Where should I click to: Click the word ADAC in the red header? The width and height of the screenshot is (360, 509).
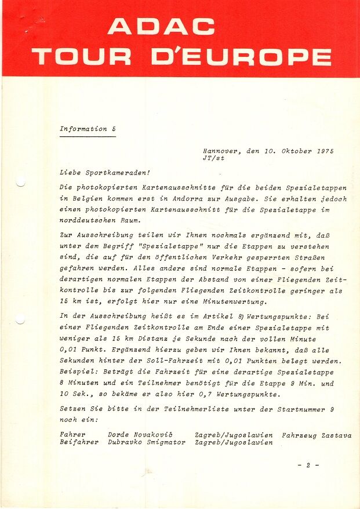(x=161, y=26)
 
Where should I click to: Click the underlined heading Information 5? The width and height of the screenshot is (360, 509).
(x=87, y=129)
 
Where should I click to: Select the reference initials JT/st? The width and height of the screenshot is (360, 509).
(x=213, y=158)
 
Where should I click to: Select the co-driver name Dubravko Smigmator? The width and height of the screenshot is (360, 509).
(x=147, y=442)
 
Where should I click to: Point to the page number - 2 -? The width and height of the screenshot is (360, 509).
(x=308, y=465)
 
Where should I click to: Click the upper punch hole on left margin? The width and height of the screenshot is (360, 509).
(x=20, y=183)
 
